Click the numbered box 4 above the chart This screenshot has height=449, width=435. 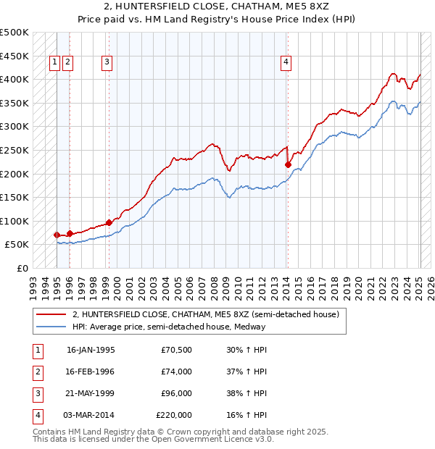pyautogui.click(x=286, y=62)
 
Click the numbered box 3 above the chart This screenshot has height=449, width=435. pyautogui.click(x=107, y=62)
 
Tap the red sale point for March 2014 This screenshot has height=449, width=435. pyautogui.click(x=288, y=164)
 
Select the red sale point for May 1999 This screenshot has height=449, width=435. pyautogui.click(x=109, y=222)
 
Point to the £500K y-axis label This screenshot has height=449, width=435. pyautogui.click(x=14, y=33)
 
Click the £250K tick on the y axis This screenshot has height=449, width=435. pyautogui.click(x=14, y=150)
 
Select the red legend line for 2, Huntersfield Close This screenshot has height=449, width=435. pyautogui.click(x=51, y=315)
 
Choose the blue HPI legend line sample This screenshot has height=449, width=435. pyautogui.click(x=51, y=327)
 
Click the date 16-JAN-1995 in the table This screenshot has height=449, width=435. pyautogui.click(x=91, y=349)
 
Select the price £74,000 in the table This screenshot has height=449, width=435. pyautogui.click(x=177, y=372)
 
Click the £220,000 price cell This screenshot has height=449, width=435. pyautogui.click(x=174, y=415)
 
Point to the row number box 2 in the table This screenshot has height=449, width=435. pyautogui.click(x=37, y=372)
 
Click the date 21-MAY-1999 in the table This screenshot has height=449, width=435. pyautogui.click(x=91, y=393)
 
